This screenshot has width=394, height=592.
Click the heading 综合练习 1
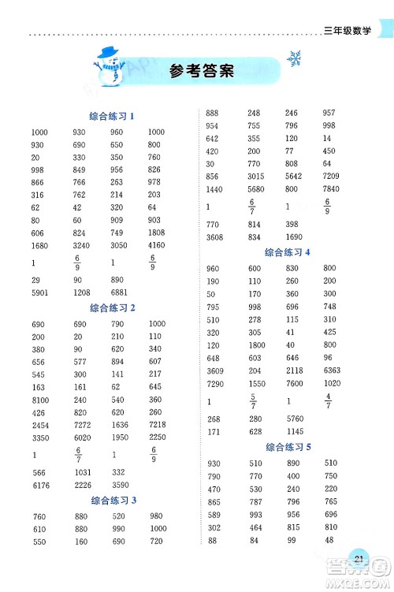point(113,116)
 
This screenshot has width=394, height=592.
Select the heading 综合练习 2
point(113,307)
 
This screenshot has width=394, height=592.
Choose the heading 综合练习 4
point(288,252)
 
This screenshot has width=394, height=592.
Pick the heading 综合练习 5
point(288,447)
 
